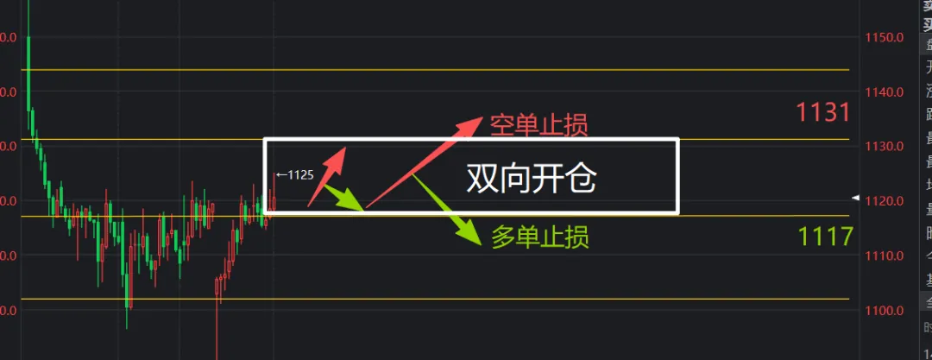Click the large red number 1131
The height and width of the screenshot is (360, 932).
[823, 112]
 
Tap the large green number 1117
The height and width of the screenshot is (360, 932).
[825, 236]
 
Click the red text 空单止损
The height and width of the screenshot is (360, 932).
[538, 126]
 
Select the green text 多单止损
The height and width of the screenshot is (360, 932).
[540, 237]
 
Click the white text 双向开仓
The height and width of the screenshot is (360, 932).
[532, 180]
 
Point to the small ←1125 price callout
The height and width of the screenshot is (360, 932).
[294, 175]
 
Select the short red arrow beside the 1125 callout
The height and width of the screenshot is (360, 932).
[327, 177]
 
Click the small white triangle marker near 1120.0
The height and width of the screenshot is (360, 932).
[855, 198]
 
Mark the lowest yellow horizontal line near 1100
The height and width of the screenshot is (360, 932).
[431, 299]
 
